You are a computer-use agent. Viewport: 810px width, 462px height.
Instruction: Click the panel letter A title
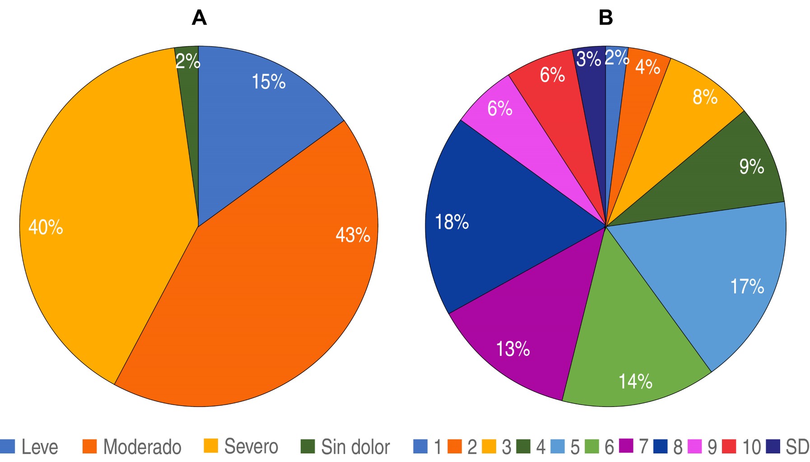coord(199,18)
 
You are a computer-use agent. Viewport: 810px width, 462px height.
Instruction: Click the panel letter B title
coord(605,18)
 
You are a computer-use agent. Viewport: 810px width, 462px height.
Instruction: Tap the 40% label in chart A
coord(46,227)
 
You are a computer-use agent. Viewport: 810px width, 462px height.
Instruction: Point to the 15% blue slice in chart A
coord(253,117)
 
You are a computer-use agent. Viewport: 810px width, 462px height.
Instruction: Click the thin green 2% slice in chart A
coord(189,90)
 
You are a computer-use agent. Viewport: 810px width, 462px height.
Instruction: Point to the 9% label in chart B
coord(751,167)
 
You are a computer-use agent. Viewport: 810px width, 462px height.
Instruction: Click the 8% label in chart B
coord(705,97)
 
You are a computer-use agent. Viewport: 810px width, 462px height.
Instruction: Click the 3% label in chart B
coord(589,59)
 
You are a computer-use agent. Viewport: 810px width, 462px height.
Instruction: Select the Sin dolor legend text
coord(355,447)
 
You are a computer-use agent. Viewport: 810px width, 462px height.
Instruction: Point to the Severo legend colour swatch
coord(211,446)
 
